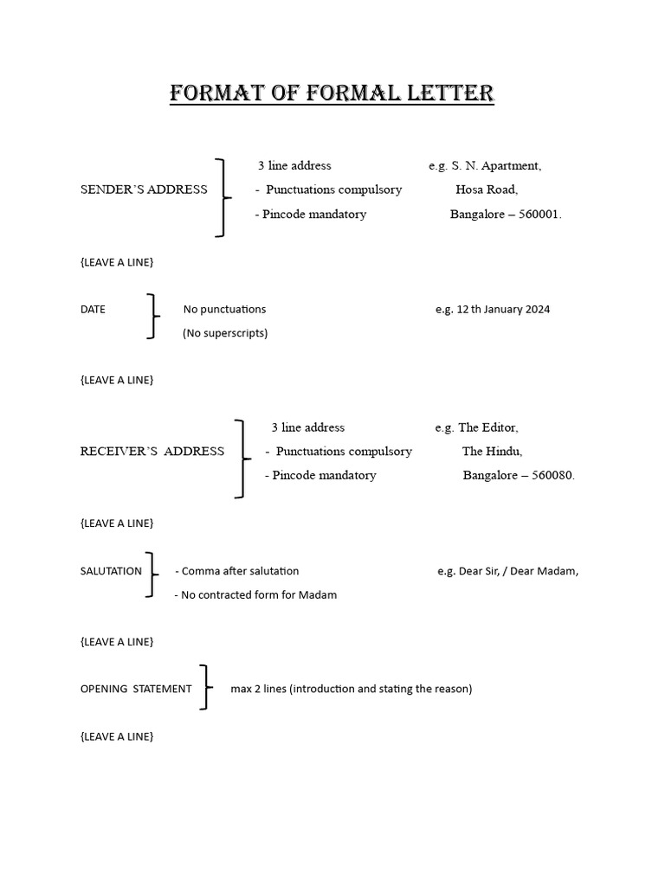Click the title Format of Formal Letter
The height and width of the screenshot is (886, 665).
332,93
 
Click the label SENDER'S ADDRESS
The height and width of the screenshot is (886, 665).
144,189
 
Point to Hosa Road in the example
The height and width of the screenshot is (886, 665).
487,189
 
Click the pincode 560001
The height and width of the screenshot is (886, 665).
539,215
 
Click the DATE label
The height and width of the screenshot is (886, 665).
93,309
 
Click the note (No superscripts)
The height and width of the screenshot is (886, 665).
225,333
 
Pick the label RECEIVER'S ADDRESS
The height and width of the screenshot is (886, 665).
152,451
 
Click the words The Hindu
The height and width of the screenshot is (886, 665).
492,451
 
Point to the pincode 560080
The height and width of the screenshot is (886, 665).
552,475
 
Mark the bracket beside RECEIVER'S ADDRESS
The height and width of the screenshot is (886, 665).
242,459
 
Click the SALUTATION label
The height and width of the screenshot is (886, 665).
111,571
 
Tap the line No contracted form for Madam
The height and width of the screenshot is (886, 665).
256,595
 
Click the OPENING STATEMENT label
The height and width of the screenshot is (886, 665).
136,689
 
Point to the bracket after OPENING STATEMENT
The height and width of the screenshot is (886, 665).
205,687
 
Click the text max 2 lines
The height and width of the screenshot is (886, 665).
259,689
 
